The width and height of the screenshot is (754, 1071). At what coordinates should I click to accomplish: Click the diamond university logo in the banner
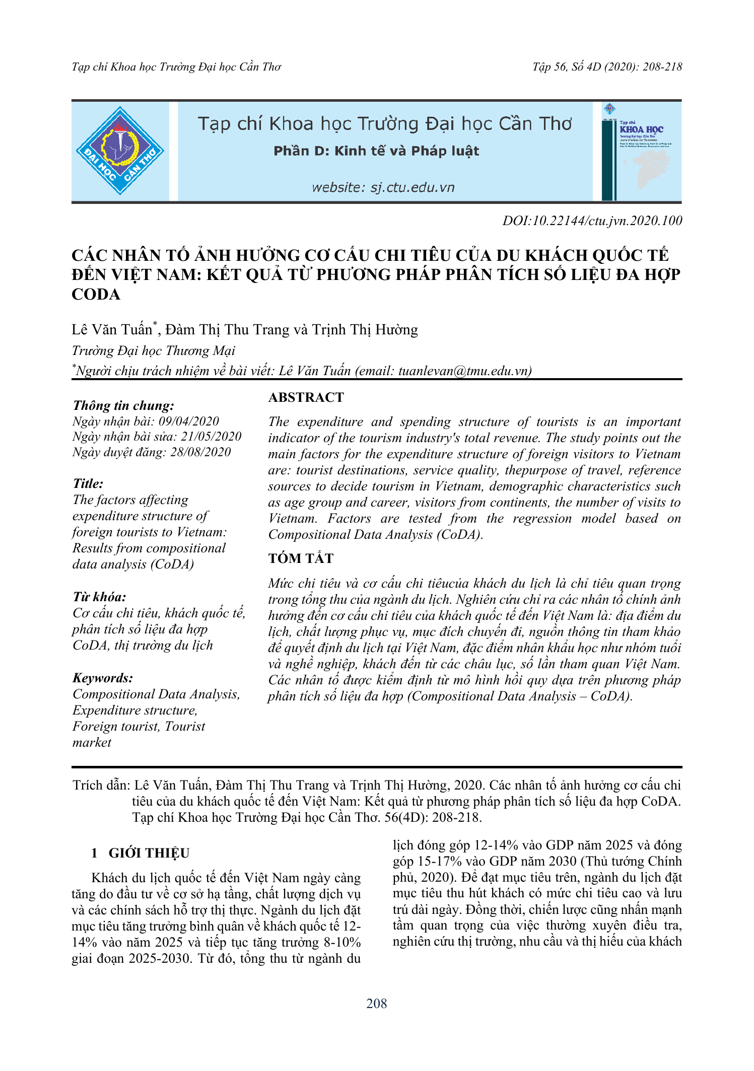(120, 151)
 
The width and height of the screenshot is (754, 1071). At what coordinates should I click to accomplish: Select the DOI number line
(592, 221)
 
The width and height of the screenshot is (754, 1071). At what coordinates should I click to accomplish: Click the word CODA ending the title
(96, 295)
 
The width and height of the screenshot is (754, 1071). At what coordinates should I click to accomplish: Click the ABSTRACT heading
(306, 397)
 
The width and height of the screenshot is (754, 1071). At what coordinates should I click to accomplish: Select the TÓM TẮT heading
(301, 558)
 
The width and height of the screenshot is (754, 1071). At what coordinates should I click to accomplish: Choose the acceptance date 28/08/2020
(200, 452)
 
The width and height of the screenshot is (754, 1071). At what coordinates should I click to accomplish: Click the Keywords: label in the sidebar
(103, 678)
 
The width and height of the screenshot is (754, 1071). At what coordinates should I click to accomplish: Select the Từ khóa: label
(99, 597)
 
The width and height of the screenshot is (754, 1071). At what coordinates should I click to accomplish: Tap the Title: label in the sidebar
(88, 484)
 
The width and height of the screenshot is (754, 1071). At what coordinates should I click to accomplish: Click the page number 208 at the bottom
(377, 1004)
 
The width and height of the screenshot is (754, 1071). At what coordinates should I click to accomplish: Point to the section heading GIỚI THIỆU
(149, 853)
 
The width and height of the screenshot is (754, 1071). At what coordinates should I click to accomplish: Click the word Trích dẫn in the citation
(101, 785)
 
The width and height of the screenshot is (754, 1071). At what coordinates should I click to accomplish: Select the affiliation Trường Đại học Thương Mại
(153, 350)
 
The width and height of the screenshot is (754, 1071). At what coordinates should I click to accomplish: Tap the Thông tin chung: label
(123, 406)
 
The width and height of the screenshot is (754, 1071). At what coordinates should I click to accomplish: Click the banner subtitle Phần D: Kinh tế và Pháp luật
(376, 151)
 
